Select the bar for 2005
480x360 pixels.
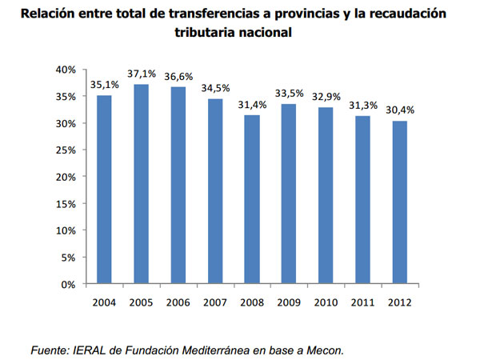[142, 184]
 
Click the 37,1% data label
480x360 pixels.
[142, 74]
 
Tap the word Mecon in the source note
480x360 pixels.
[326, 349]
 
